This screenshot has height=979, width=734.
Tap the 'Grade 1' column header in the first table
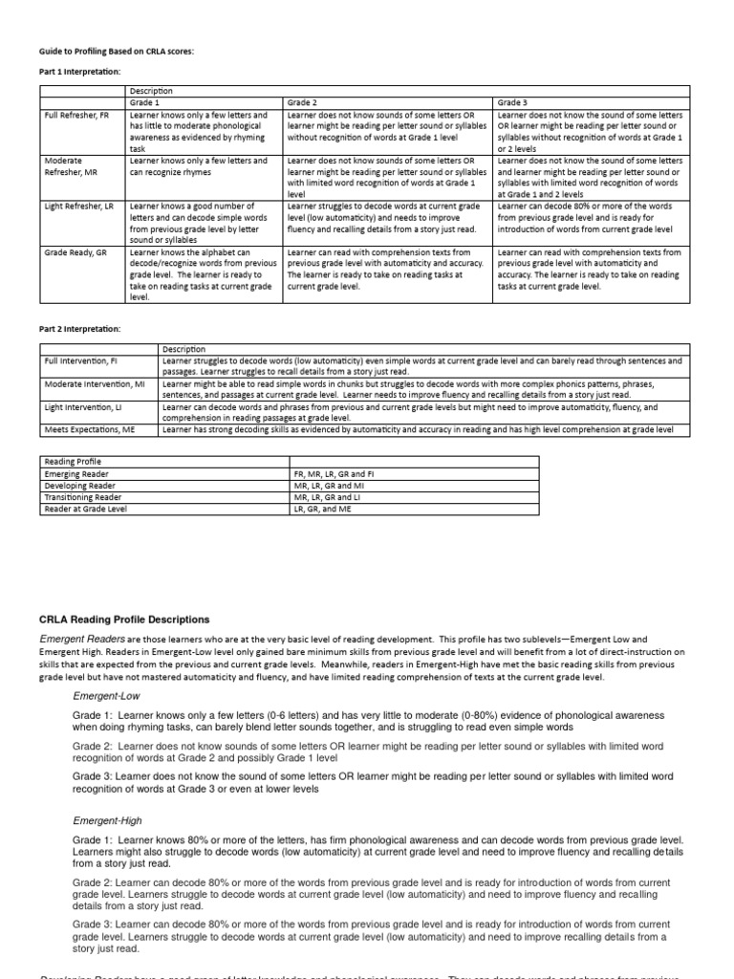point(145,101)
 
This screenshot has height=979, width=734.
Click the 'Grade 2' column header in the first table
point(303,101)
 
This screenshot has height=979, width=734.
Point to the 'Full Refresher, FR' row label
point(78,115)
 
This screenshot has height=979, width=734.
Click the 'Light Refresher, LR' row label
point(79,207)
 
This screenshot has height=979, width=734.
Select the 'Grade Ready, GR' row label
point(76,252)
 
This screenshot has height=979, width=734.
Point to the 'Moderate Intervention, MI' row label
point(95,383)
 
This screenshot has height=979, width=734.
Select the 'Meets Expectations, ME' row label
point(91,429)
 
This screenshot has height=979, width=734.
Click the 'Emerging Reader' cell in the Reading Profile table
point(76,473)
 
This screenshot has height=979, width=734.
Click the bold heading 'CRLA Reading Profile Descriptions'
point(124,620)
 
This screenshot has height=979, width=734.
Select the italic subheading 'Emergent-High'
point(106,820)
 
